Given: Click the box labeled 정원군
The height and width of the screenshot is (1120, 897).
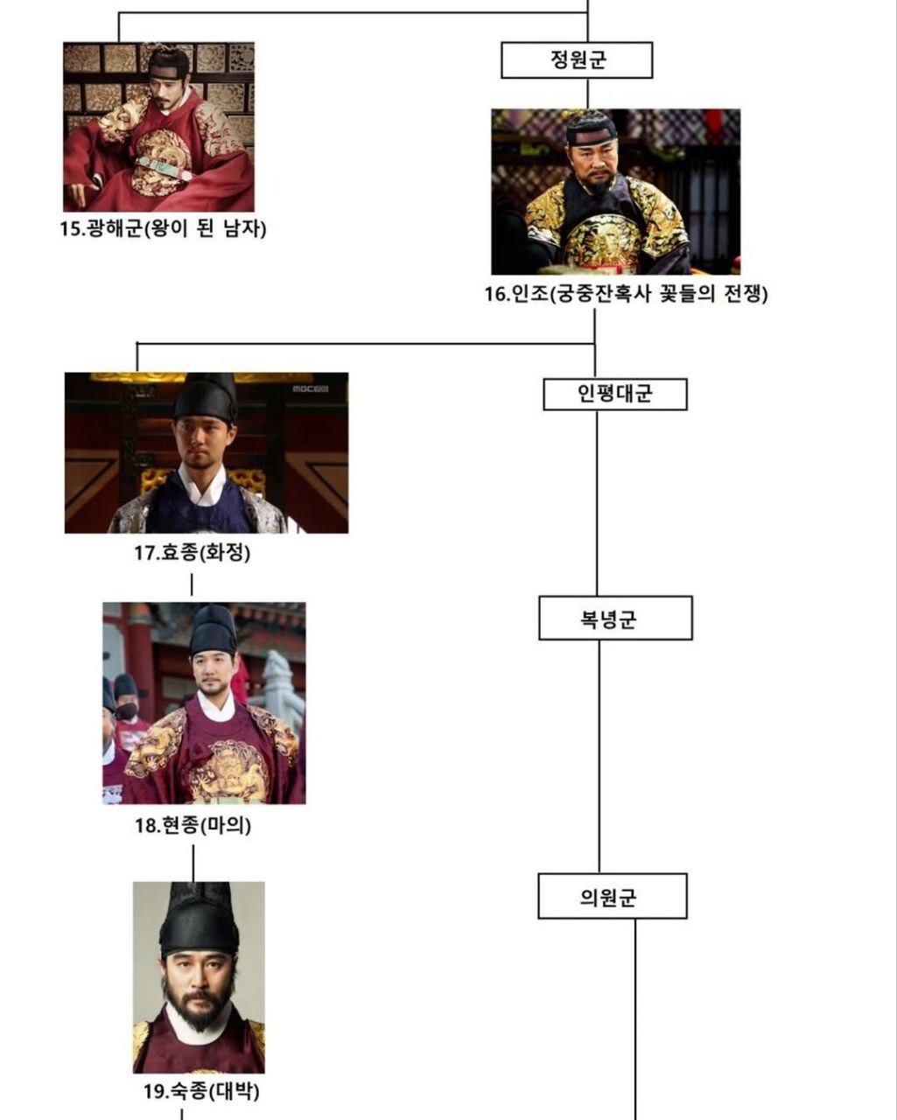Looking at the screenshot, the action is point(577,60).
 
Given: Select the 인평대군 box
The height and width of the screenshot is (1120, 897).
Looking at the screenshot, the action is point(614,394).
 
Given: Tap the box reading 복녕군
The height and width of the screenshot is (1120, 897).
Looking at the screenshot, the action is point(614,619).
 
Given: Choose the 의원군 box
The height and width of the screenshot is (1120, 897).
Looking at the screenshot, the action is point(612,897).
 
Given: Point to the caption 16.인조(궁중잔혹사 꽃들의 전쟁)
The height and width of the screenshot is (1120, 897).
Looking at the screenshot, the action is point(627,294).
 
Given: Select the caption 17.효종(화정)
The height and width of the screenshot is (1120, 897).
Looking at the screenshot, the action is point(192,553).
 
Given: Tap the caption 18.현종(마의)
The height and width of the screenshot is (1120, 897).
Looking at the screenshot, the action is point(193,825).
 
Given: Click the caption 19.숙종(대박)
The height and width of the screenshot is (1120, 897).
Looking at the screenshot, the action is point(201,1091).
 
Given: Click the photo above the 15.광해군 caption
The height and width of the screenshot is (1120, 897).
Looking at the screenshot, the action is point(158,127).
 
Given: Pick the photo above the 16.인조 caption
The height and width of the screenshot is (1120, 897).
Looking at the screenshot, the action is point(615,192).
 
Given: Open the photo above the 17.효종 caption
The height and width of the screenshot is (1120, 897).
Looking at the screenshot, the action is point(207,452).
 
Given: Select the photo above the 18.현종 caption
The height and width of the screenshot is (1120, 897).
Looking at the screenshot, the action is point(204,703).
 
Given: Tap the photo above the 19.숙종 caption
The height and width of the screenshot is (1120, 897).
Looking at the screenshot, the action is point(199,976).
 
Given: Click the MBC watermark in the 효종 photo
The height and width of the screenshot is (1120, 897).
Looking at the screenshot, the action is point(309,388).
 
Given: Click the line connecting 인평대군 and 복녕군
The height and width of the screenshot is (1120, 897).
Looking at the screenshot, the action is point(598,503).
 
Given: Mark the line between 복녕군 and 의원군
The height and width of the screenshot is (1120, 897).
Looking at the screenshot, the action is point(599,757).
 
